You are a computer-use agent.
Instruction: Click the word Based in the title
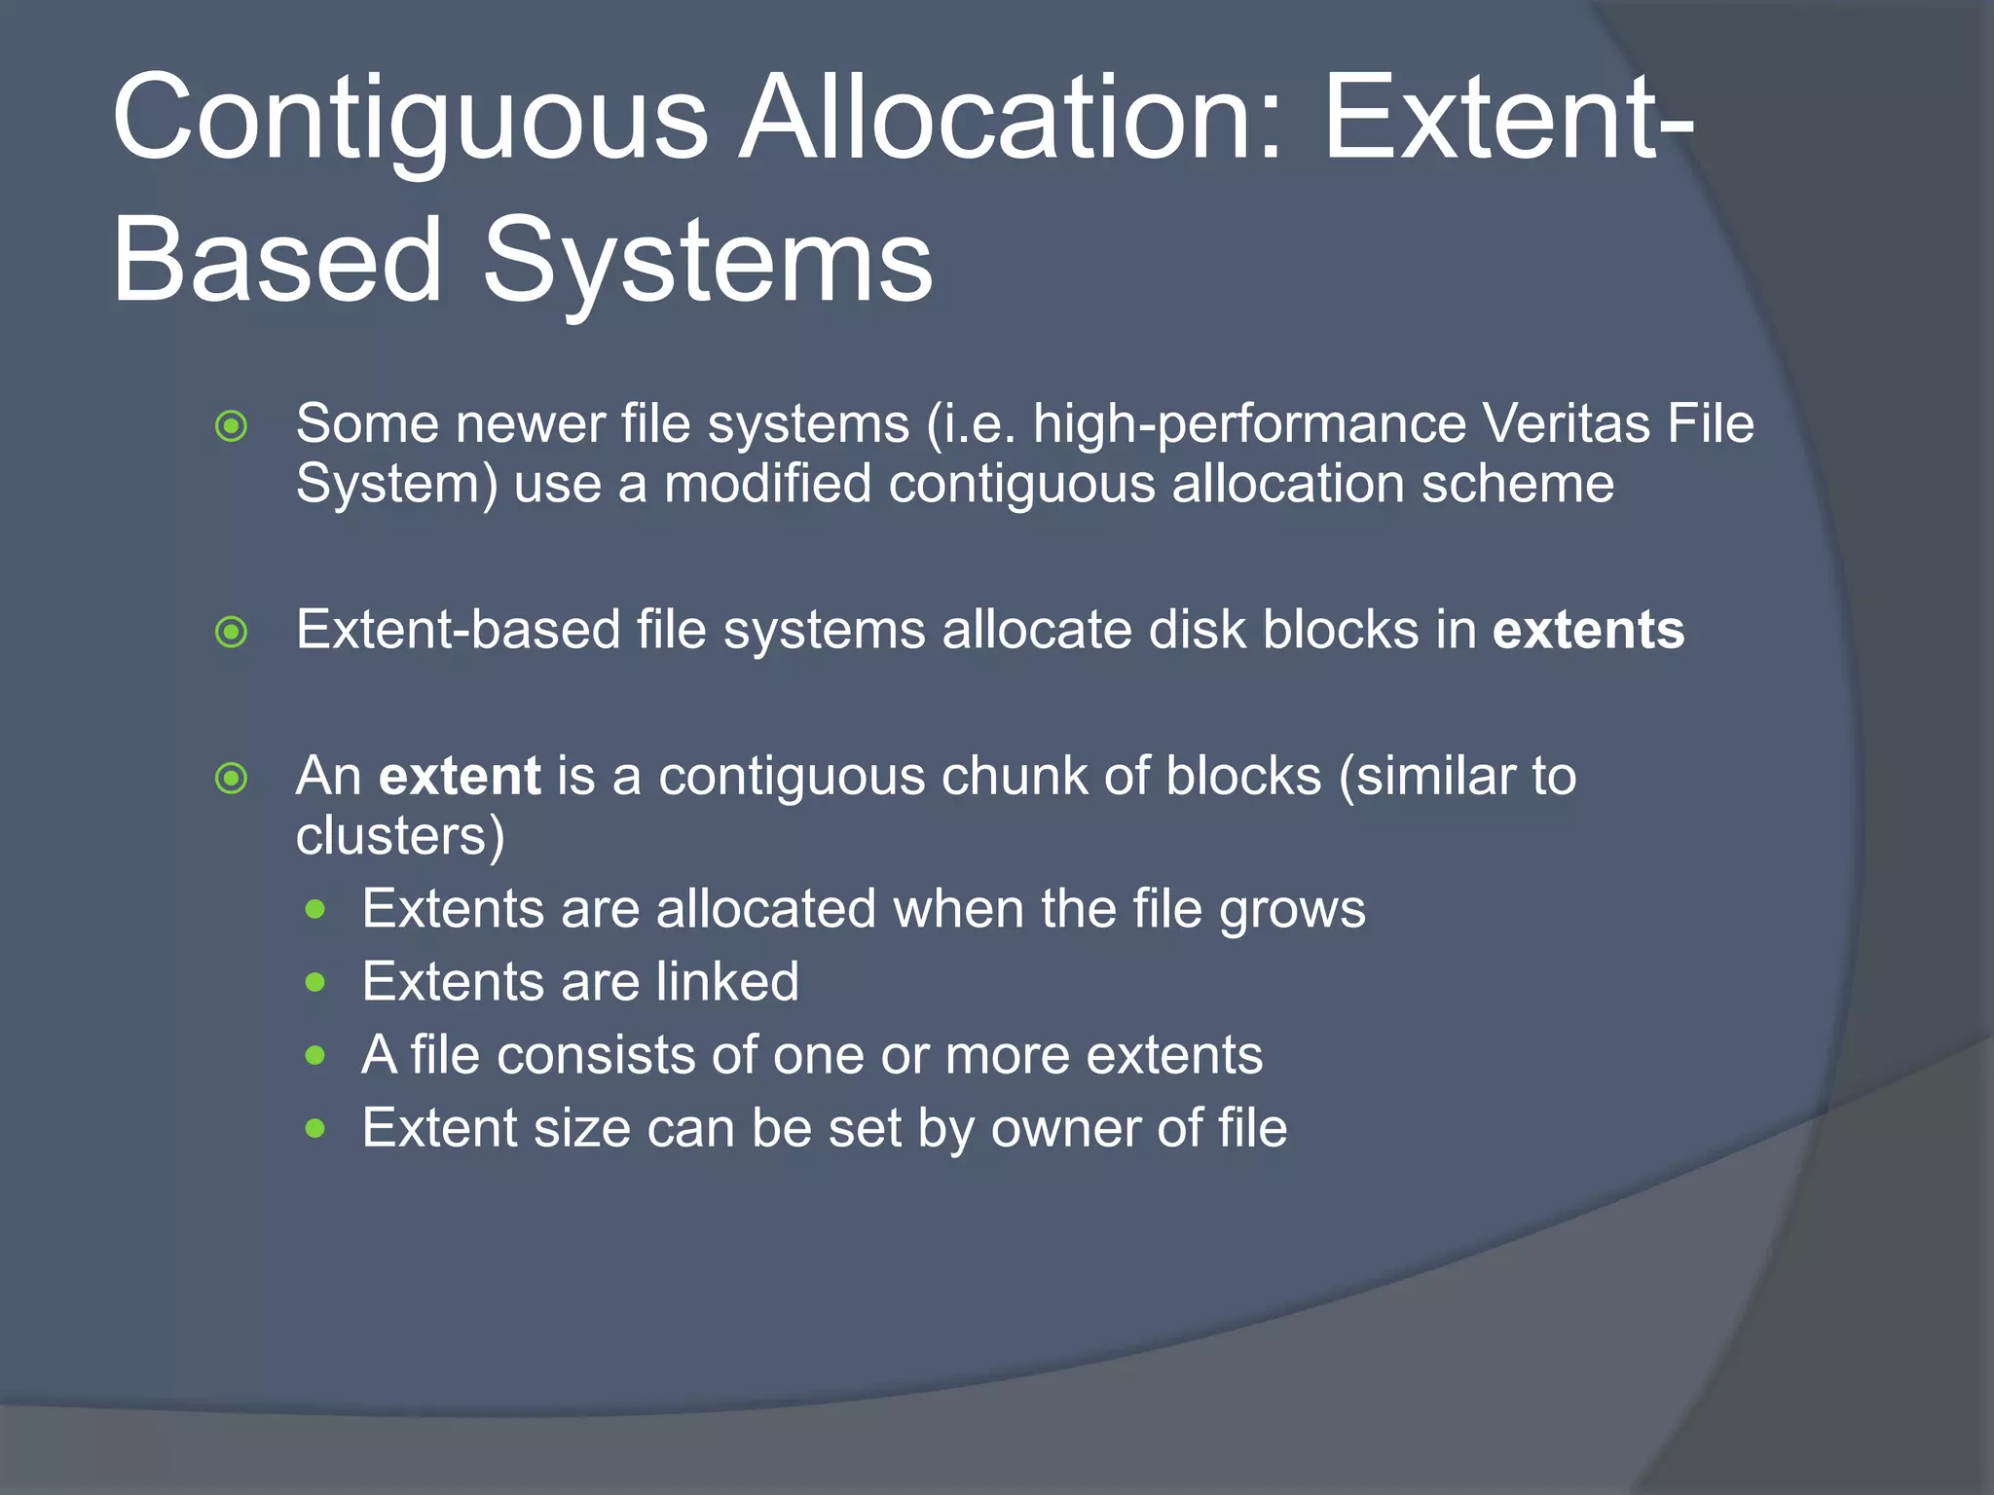(x=277, y=261)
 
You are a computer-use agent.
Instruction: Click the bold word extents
(x=1588, y=630)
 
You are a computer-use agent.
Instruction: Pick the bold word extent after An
(x=459, y=777)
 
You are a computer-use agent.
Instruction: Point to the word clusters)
(x=400, y=836)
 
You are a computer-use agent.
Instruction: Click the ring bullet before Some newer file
(x=232, y=426)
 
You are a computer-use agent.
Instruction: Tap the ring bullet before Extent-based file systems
(x=232, y=633)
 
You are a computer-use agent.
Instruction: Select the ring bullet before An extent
(x=232, y=779)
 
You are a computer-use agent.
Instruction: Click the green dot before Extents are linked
(x=314, y=983)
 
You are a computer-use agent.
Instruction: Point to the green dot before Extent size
(x=314, y=1129)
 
